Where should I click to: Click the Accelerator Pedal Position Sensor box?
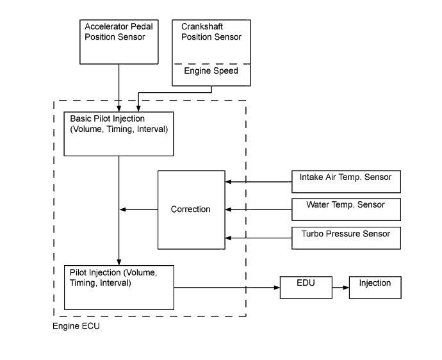119,42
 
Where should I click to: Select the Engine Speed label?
211,71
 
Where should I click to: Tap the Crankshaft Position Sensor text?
211,32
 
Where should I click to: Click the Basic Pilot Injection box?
119,134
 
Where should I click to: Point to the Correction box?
191,209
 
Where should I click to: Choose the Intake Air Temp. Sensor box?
346,181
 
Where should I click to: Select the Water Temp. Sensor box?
346,209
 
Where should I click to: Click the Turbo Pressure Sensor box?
346,238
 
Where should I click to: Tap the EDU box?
306,287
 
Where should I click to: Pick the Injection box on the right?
375,287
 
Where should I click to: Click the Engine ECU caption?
76,326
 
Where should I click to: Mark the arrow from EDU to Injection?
340,288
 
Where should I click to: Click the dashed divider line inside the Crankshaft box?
211,64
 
